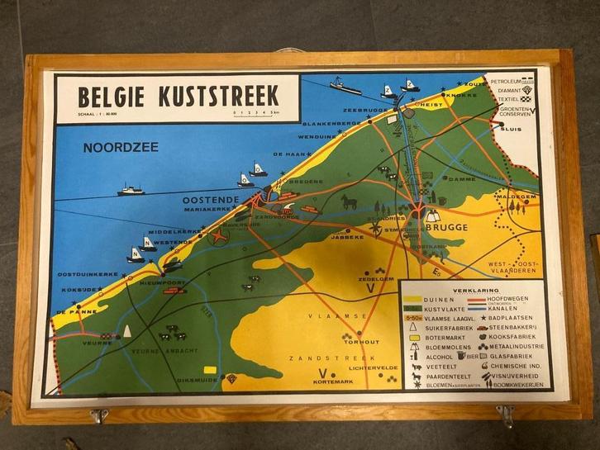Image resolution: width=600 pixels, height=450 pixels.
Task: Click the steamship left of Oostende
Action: [x=130, y=190]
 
